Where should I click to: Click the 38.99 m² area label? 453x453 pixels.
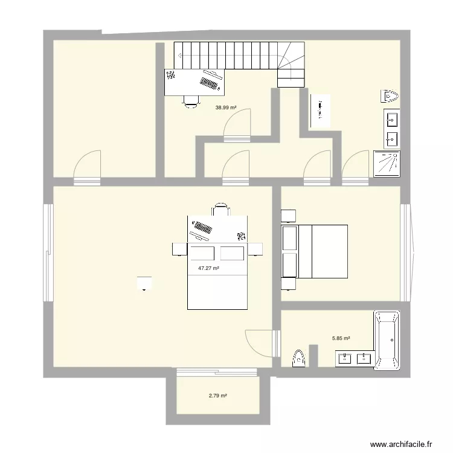(x=225, y=108)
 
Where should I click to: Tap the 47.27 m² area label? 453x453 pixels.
(x=208, y=268)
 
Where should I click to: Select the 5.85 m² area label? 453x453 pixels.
(x=341, y=339)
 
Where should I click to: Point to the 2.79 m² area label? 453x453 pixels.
(x=217, y=396)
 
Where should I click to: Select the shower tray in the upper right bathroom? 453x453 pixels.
(x=387, y=164)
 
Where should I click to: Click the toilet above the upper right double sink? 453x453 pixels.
(x=389, y=96)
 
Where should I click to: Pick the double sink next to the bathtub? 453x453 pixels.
(x=355, y=359)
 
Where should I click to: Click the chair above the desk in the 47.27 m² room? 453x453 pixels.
(x=220, y=210)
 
